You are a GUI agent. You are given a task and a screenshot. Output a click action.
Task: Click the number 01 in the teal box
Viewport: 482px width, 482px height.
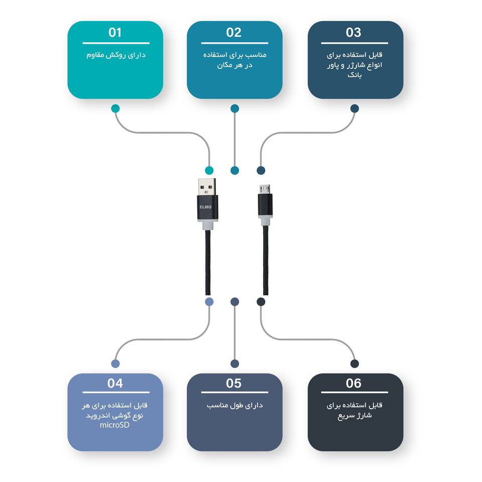pyautogui.click(x=115, y=32)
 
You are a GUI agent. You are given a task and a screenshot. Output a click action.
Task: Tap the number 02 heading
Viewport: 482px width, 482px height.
pyautogui.click(x=233, y=32)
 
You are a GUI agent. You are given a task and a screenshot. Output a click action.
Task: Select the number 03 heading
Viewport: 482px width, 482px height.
pyautogui.click(x=353, y=32)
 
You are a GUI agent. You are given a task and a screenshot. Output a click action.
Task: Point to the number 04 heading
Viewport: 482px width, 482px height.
pyautogui.click(x=115, y=383)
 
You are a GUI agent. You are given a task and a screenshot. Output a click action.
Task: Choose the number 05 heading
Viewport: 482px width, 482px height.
pyautogui.click(x=233, y=383)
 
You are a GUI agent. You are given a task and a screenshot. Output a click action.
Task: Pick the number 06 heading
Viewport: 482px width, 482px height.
pyautogui.click(x=353, y=383)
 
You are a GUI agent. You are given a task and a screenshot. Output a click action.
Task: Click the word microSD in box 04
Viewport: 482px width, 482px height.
pyautogui.click(x=114, y=425)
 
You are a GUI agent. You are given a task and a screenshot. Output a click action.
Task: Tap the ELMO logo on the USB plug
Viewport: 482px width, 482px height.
pyautogui.click(x=205, y=207)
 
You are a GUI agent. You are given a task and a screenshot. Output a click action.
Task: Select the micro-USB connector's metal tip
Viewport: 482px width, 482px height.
pyautogui.click(x=265, y=189)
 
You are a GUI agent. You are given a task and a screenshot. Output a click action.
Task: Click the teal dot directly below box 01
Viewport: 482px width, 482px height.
pyautogui.click(x=115, y=108)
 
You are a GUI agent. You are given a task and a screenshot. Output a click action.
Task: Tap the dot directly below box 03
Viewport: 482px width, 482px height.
pyautogui.click(x=354, y=108)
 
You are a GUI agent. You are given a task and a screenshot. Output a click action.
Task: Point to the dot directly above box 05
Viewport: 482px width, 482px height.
pyautogui.click(x=234, y=364)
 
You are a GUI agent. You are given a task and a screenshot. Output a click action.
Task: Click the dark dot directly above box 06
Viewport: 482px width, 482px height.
pyautogui.click(x=354, y=364)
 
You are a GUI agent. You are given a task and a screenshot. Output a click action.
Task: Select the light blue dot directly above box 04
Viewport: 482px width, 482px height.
pyautogui.click(x=115, y=364)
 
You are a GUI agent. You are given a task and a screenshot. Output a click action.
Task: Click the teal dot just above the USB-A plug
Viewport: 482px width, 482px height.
pyautogui.click(x=209, y=170)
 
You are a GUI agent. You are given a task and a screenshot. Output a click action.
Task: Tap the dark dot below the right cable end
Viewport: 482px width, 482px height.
pyautogui.click(x=261, y=302)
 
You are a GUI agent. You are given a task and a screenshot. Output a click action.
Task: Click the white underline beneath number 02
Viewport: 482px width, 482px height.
pyautogui.click(x=234, y=43)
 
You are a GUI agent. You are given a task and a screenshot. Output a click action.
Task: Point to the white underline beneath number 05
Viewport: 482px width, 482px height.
pyautogui.click(x=234, y=392)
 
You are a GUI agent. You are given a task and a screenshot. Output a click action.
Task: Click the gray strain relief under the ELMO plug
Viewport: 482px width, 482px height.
pyautogui.click(x=207, y=225)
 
